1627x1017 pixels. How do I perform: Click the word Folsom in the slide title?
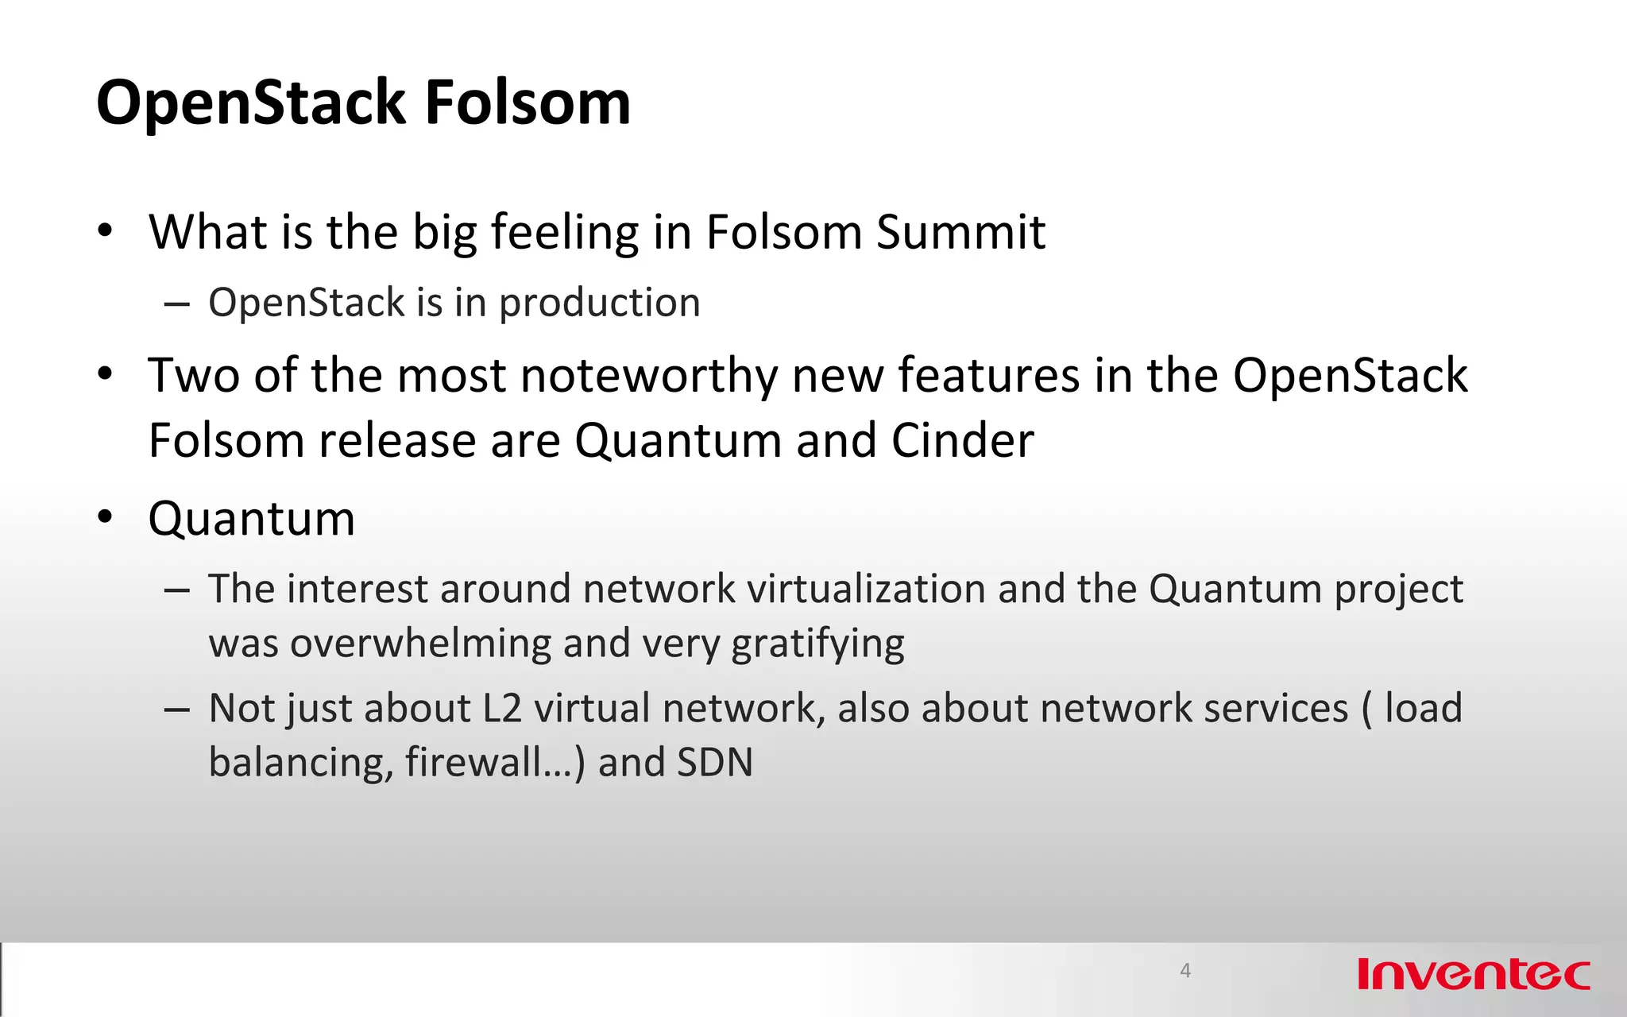pyautogui.click(x=528, y=103)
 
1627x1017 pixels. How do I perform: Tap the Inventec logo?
pyautogui.click(x=1474, y=974)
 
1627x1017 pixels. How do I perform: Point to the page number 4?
pyautogui.click(x=1185, y=970)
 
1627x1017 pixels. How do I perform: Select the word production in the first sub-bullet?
pyautogui.click(x=599, y=304)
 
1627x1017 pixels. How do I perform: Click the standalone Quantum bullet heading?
pyautogui.click(x=251, y=519)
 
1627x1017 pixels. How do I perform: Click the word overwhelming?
pyautogui.click(x=420, y=643)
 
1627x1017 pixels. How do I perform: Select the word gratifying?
pyautogui.click(x=817, y=644)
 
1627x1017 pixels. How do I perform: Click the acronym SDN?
pyautogui.click(x=714, y=763)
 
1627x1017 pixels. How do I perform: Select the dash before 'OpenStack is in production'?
pyautogui.click(x=176, y=304)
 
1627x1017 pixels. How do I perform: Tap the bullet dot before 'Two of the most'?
pyautogui.click(x=105, y=374)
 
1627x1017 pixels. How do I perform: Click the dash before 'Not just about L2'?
pyautogui.click(x=176, y=708)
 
